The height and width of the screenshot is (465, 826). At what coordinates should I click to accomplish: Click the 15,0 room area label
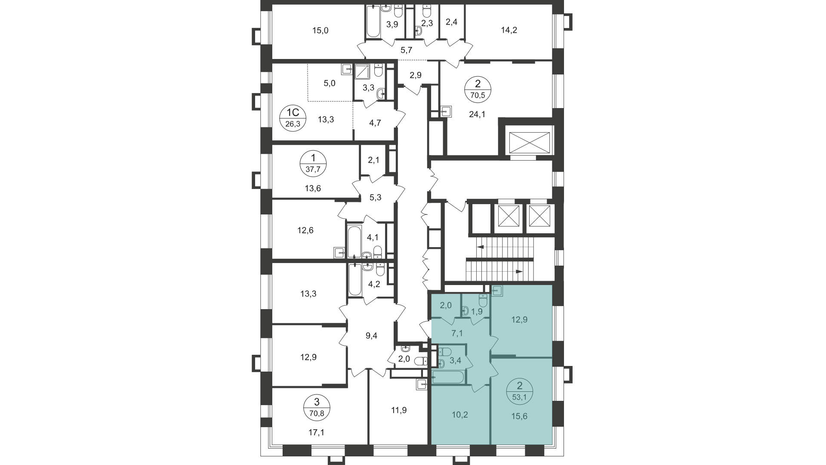click(320, 30)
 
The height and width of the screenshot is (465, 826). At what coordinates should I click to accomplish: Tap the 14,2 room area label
click(509, 30)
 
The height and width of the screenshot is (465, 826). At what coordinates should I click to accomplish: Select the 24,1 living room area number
click(477, 115)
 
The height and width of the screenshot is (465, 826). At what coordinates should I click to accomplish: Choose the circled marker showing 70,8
click(317, 408)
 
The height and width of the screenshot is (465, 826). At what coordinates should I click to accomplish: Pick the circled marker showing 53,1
click(520, 391)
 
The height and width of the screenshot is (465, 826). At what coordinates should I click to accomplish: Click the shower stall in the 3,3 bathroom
click(362, 72)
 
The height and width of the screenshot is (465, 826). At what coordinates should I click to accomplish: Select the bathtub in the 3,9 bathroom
click(373, 21)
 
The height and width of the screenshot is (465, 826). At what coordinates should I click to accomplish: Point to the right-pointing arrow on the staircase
click(519, 272)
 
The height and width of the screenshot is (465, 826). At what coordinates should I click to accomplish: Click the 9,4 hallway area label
click(371, 336)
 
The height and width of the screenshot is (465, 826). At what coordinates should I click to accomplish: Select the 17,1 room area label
click(316, 432)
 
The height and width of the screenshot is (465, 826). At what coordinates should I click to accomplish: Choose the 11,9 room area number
click(398, 410)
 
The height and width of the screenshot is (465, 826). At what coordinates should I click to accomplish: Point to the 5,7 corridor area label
click(406, 50)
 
